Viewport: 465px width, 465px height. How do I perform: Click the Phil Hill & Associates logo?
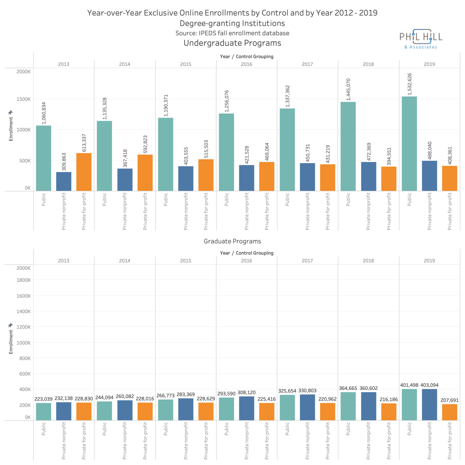coord(421,39)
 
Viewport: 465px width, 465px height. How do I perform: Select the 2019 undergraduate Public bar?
coord(409,144)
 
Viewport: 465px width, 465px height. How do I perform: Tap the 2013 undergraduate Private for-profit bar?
coord(84,172)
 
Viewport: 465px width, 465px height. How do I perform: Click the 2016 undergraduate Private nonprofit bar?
coord(247,178)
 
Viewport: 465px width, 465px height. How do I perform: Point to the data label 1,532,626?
coord(410,84)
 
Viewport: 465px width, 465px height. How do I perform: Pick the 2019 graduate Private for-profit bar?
coord(450,412)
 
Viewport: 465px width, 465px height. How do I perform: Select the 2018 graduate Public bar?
coord(348,406)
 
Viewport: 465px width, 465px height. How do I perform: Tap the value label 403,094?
coord(429,385)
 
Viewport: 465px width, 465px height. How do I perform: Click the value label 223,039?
coord(44,399)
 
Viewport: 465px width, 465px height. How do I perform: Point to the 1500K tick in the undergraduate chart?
coord(23,99)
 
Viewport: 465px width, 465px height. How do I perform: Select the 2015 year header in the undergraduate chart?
coord(186,64)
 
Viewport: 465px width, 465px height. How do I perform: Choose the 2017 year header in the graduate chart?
coord(307,261)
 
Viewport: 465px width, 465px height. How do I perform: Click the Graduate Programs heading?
coord(232,241)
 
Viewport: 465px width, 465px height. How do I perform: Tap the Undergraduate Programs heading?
coord(232,43)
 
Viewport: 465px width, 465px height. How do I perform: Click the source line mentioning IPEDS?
coord(232,33)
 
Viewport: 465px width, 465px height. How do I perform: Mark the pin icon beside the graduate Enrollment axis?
coord(10,325)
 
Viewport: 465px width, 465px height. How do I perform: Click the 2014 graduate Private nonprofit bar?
coord(125,410)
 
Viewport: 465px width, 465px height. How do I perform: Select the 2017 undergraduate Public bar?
coord(287,149)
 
